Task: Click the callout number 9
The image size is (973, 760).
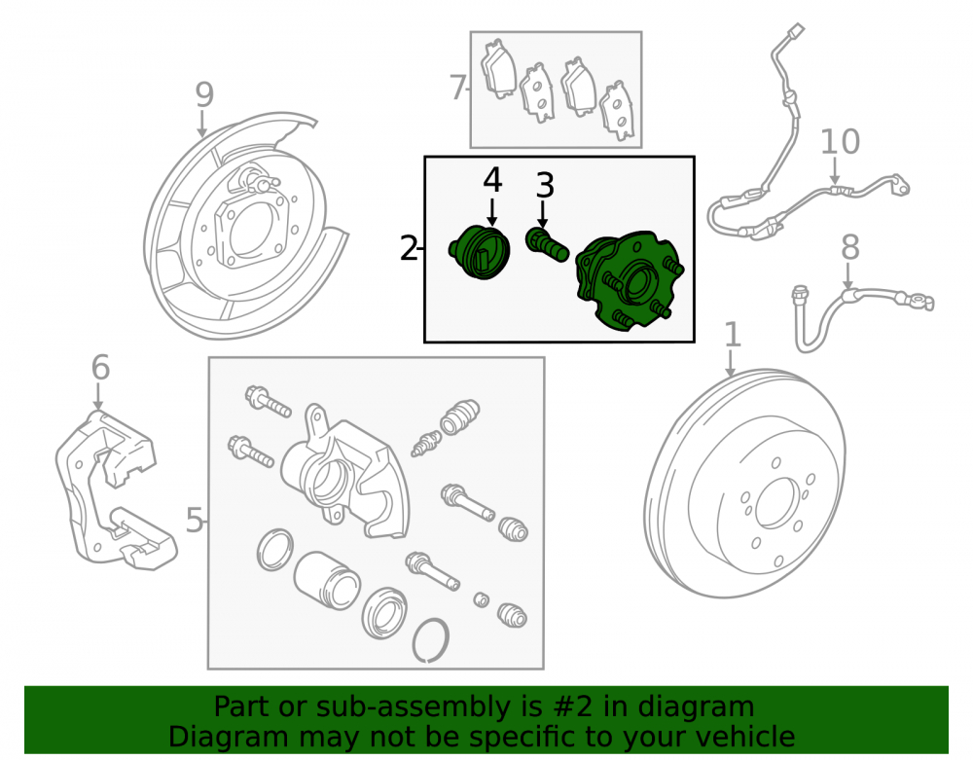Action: coord(204,95)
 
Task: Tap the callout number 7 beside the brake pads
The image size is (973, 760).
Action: coord(458,88)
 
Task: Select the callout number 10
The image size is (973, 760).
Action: coord(841,142)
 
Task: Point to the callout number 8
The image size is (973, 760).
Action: coord(850,247)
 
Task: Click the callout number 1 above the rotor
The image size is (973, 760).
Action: coord(733,335)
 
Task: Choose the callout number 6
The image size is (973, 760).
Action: coord(100,367)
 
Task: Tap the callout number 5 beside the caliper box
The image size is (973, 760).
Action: coord(195,520)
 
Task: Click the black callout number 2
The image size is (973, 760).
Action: coord(409,249)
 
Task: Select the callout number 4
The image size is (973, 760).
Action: coord(492,181)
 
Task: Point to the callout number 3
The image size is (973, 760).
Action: coord(544,186)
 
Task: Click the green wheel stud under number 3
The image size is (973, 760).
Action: coord(547,244)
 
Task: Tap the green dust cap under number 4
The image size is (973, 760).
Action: coord(479,252)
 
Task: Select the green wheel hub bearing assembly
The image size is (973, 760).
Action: coord(629,281)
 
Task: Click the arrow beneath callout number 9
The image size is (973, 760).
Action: coord(201,125)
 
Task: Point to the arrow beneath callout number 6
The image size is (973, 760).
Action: coord(98,396)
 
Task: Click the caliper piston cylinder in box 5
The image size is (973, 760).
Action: coord(326,581)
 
